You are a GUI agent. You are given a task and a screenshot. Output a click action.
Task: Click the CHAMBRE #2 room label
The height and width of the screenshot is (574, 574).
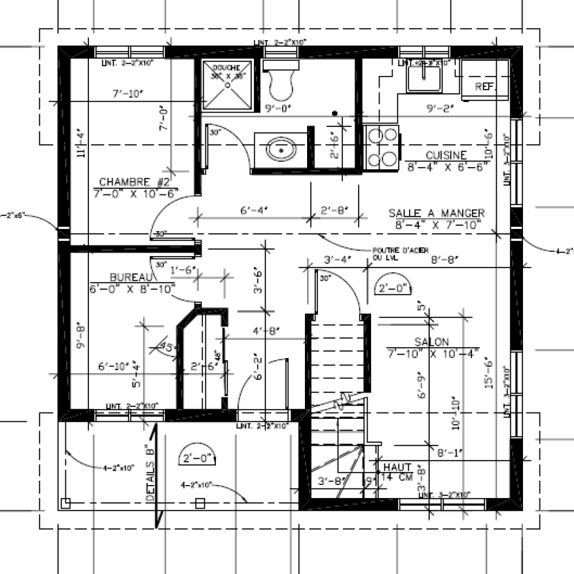(135, 182)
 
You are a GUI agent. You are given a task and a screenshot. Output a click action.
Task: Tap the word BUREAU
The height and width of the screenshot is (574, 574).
(131, 277)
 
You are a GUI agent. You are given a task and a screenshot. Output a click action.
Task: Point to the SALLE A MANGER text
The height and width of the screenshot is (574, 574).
(436, 213)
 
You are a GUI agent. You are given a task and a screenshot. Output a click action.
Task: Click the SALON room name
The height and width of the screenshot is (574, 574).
(431, 342)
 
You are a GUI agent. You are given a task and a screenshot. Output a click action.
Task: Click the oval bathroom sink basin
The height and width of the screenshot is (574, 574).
(280, 151)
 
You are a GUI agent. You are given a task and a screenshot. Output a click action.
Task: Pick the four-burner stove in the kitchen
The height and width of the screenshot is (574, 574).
(382, 147)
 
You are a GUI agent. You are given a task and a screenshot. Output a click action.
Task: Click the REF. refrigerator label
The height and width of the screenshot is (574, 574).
(486, 87)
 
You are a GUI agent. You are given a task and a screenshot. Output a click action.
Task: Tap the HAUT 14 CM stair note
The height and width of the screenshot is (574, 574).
(395, 471)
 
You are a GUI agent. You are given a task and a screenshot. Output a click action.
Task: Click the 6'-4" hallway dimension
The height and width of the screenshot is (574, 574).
(253, 210)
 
